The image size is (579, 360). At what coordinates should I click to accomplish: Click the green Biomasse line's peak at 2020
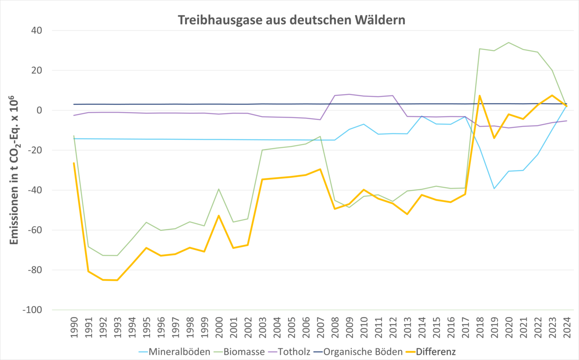[509, 43]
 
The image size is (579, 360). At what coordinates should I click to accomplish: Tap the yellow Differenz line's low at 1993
[117, 280]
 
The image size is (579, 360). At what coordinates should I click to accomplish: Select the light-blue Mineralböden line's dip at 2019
[494, 189]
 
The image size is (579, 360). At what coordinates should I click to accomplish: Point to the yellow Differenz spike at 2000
[219, 216]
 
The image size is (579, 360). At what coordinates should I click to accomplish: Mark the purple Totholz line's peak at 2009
[349, 95]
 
